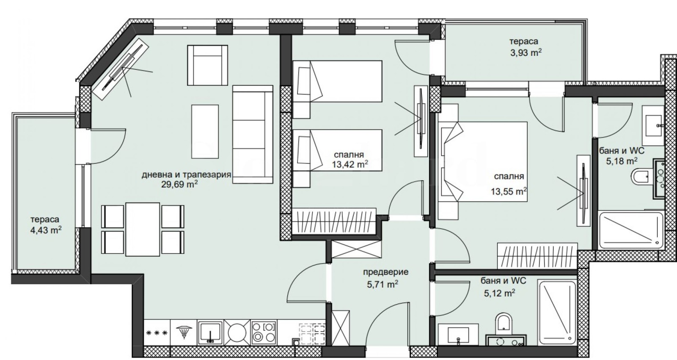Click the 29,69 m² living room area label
(179, 184)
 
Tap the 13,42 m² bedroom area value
(350, 165)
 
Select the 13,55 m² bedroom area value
(509, 191)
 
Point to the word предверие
(385, 272)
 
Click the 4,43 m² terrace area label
(46, 230)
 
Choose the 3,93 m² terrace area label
(526, 53)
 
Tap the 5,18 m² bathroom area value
(622, 161)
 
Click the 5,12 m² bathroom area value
(500, 293)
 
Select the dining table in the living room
(143, 229)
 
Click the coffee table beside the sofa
(205, 132)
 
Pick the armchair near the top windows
(207, 65)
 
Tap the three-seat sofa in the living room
(253, 134)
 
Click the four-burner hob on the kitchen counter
(264, 333)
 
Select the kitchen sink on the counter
(210, 333)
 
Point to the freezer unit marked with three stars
(157, 333)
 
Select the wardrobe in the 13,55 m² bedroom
(537, 256)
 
